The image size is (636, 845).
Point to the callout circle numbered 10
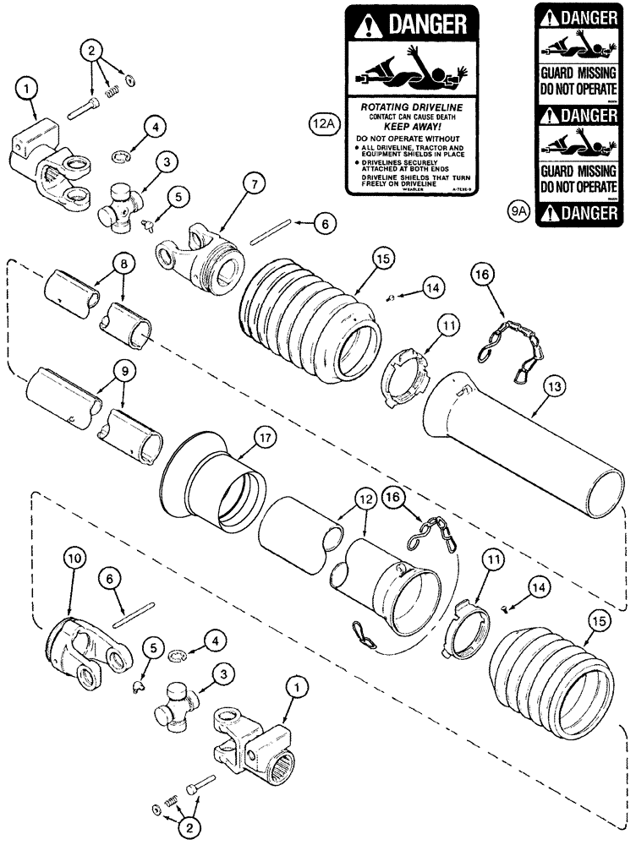(74, 558)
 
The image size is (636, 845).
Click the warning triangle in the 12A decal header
(365, 26)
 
